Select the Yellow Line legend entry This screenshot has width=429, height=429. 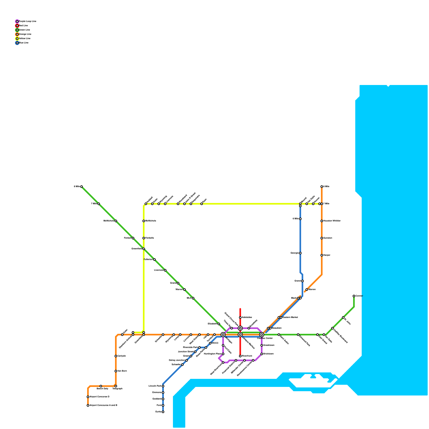[24, 38]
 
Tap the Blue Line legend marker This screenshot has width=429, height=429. [17, 43]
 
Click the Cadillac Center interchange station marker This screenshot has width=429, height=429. [262, 335]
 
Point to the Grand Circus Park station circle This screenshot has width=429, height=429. [240, 328]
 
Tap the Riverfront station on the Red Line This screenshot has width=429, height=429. [240, 356]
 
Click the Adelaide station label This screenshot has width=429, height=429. [247, 317]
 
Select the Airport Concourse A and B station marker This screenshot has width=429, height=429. [88, 405]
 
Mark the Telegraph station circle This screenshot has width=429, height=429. [116, 386]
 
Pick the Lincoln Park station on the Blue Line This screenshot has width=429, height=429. [163, 386]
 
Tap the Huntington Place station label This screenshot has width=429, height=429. [212, 354]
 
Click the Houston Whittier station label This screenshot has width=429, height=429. [332, 221]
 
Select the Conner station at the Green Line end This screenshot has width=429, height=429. [354, 296]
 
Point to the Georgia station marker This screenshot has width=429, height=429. [300, 253]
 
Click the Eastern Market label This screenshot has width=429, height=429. [290, 317]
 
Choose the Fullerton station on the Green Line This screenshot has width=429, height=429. [154, 260]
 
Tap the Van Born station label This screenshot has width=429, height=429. [122, 371]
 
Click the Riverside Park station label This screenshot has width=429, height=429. [190, 347]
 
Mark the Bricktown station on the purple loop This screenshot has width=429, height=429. [262, 354]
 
